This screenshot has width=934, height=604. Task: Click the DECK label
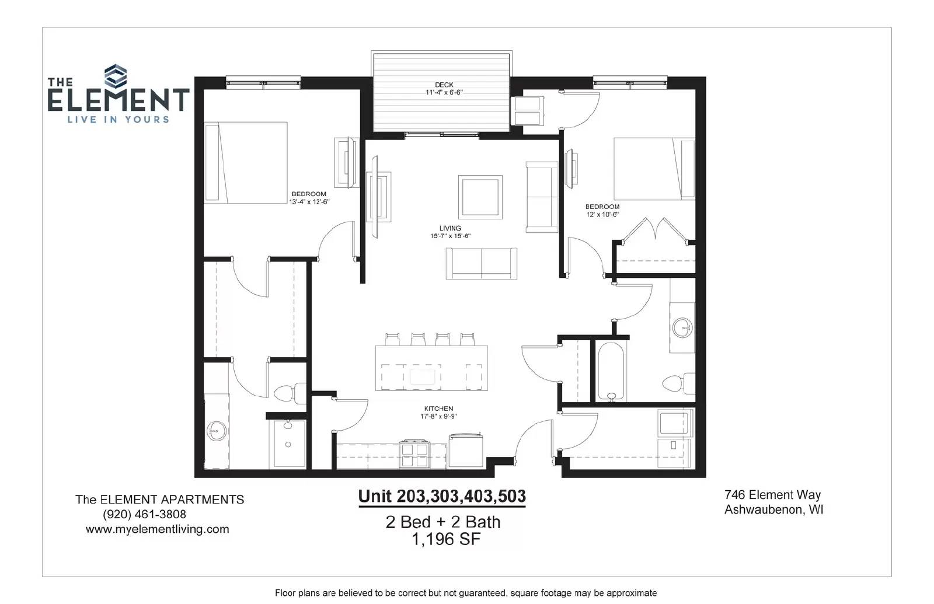[444, 85]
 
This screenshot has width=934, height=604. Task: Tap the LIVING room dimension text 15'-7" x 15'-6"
[450, 236]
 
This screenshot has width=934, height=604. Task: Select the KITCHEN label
[438, 409]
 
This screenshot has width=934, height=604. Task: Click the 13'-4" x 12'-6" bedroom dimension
[309, 202]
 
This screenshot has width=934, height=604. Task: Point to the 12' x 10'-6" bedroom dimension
[602, 215]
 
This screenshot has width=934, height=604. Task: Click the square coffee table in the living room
[480, 197]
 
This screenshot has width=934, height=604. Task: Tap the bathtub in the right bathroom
[611, 372]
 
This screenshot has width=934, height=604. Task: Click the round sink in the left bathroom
[217, 431]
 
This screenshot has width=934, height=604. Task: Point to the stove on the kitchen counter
[414, 454]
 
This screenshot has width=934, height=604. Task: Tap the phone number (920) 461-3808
[144, 514]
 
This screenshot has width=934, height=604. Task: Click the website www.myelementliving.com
[157, 529]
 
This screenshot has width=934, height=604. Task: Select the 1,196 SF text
[446, 539]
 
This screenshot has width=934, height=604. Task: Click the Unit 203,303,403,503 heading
[442, 496]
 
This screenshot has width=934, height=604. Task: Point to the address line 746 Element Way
[773, 495]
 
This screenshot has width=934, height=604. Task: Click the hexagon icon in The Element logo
[116, 76]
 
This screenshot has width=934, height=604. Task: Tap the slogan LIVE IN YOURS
[119, 120]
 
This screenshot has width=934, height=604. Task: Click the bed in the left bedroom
[246, 163]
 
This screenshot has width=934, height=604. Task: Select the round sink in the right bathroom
[682, 327]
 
